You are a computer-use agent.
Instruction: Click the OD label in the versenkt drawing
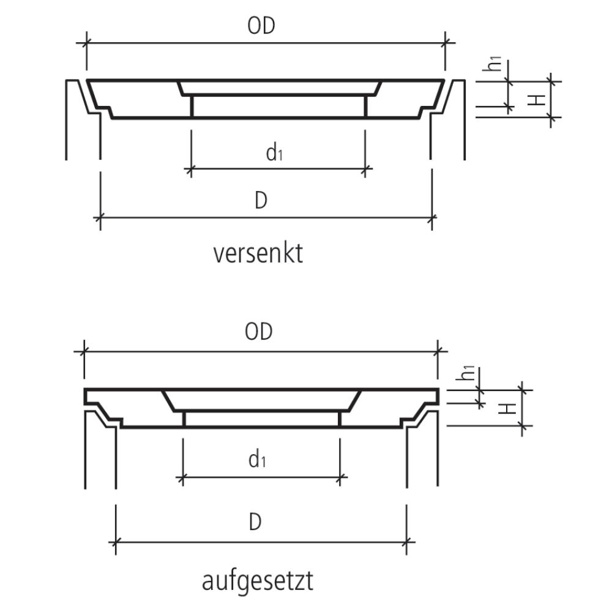261,26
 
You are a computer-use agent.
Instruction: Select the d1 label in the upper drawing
274,152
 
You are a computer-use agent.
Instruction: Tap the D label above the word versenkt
261,201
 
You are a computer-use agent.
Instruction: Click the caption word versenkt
258,253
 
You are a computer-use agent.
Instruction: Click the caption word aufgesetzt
257,581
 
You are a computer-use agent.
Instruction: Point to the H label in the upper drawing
538,99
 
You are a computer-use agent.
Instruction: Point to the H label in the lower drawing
507,407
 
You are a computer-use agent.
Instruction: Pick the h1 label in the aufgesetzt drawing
466,373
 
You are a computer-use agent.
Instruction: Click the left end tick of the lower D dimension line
116,542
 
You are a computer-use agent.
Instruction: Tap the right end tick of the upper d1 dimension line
365,168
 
